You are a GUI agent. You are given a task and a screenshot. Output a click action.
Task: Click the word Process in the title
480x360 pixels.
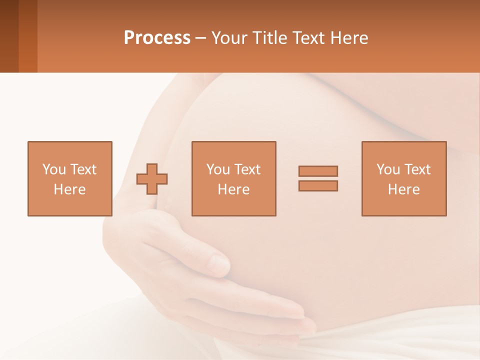pos(157,38)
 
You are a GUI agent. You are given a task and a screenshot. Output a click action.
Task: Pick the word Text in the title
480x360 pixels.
pos(306,38)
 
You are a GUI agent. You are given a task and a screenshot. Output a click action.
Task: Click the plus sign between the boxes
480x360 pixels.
pos(152,178)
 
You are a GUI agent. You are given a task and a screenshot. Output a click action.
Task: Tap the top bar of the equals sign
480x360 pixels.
pos(318,171)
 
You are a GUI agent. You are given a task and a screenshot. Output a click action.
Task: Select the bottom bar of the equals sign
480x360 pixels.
pos(318,185)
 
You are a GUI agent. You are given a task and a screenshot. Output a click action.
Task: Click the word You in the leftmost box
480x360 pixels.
pos(53,169)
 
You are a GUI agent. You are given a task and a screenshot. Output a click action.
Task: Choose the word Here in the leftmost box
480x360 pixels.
pos(69,189)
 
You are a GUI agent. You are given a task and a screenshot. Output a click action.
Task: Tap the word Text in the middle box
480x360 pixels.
pos(247,169)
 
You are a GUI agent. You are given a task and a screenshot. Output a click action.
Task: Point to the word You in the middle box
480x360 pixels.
pos(218,169)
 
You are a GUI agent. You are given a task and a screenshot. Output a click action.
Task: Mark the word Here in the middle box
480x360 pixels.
pos(233,189)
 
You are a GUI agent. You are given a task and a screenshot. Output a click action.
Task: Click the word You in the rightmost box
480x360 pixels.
pos(388,169)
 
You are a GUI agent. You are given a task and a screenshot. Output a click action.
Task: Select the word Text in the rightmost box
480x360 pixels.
pos(417,169)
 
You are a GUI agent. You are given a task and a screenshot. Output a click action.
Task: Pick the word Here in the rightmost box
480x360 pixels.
pos(403,189)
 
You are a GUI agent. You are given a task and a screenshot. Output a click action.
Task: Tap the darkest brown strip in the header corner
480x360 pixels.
pos(9,36)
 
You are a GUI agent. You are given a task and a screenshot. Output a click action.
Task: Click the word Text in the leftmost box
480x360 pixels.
pos(83,169)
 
